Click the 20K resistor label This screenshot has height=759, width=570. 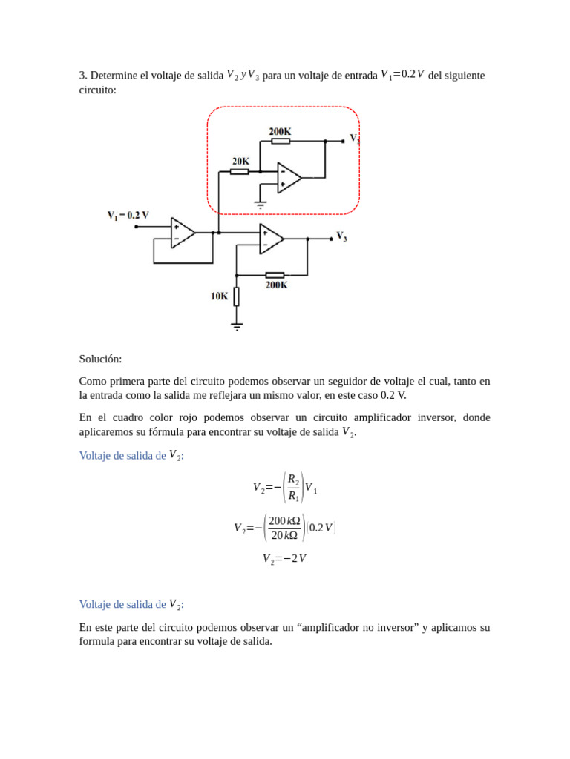pos(240,161)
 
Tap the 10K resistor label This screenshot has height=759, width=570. pos(219,296)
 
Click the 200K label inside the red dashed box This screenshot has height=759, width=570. pos(280,131)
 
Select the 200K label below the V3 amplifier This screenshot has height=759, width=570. pos(276,285)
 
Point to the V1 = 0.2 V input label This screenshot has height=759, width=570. pos(128,215)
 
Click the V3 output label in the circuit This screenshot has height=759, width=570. pos(341,236)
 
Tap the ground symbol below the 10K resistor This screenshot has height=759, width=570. pos(237,325)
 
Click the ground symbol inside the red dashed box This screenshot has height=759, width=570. pos(261,203)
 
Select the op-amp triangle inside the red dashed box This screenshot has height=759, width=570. pos(288,178)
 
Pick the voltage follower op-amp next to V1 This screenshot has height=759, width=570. pos(182,233)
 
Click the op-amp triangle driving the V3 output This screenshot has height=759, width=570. pos(271,239)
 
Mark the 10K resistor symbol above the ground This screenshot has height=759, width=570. pos(237,296)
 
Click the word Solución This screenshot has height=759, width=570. pos(100,359)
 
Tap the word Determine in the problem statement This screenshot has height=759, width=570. pos(114,76)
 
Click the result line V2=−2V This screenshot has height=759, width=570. pos(284,559)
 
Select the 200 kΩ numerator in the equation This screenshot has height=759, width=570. pos(284,520)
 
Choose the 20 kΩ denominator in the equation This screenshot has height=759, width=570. pos(284,535)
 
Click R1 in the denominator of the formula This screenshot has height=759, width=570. pos(293,496)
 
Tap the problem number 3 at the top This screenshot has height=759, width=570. pos(82,76)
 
